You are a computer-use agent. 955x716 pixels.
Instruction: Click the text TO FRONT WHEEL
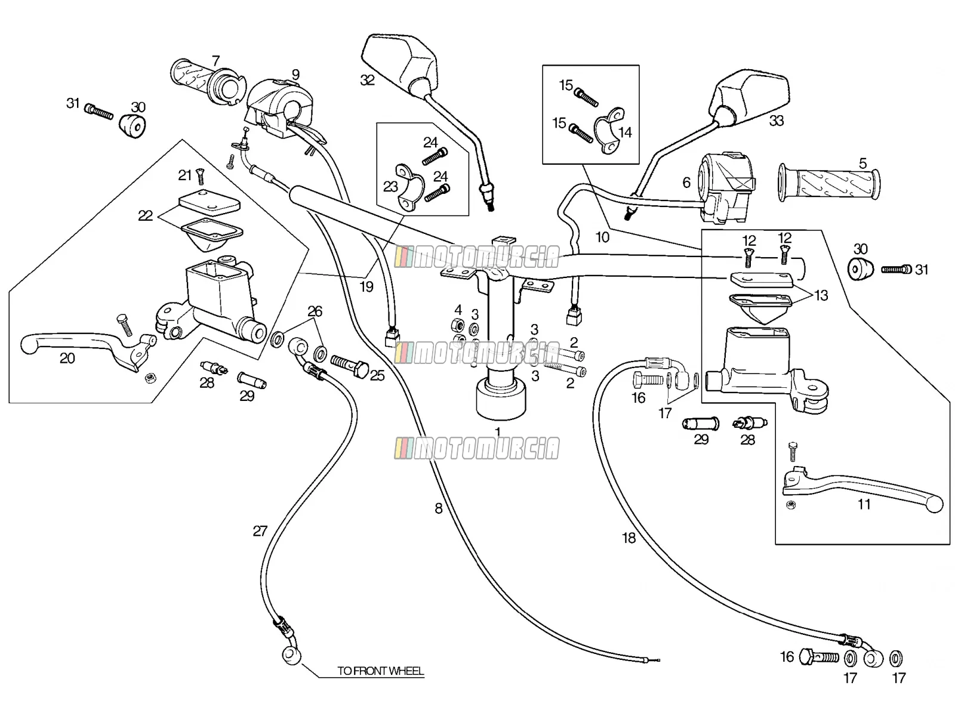pyautogui.click(x=380, y=671)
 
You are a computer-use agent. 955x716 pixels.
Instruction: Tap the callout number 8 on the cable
pyautogui.click(x=438, y=508)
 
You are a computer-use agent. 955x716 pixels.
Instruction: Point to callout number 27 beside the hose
pyautogui.click(x=260, y=531)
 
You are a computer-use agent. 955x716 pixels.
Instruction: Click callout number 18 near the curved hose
pyautogui.click(x=629, y=538)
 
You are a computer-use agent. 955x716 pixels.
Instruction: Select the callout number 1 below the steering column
pyautogui.click(x=498, y=431)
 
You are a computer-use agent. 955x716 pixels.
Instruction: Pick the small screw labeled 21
pyautogui.click(x=201, y=177)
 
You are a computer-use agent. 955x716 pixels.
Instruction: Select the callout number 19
pyautogui.click(x=366, y=286)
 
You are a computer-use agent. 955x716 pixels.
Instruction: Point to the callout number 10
pyautogui.click(x=602, y=237)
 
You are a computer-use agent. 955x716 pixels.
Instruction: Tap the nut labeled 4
pyautogui.click(x=457, y=325)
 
